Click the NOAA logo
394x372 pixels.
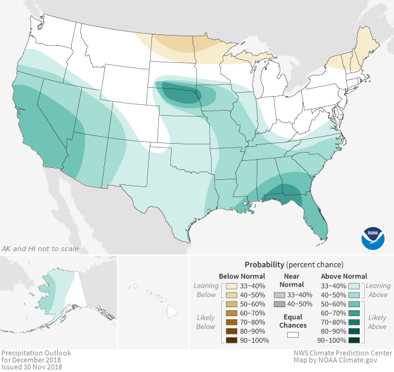[x=373, y=238]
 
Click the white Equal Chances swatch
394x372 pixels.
[x=293, y=333]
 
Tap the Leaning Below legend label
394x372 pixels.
[x=206, y=290]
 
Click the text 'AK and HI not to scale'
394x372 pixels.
[x=41, y=248]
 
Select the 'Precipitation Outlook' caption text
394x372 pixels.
[x=36, y=352]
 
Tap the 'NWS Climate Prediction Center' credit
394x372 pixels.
[x=343, y=352]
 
